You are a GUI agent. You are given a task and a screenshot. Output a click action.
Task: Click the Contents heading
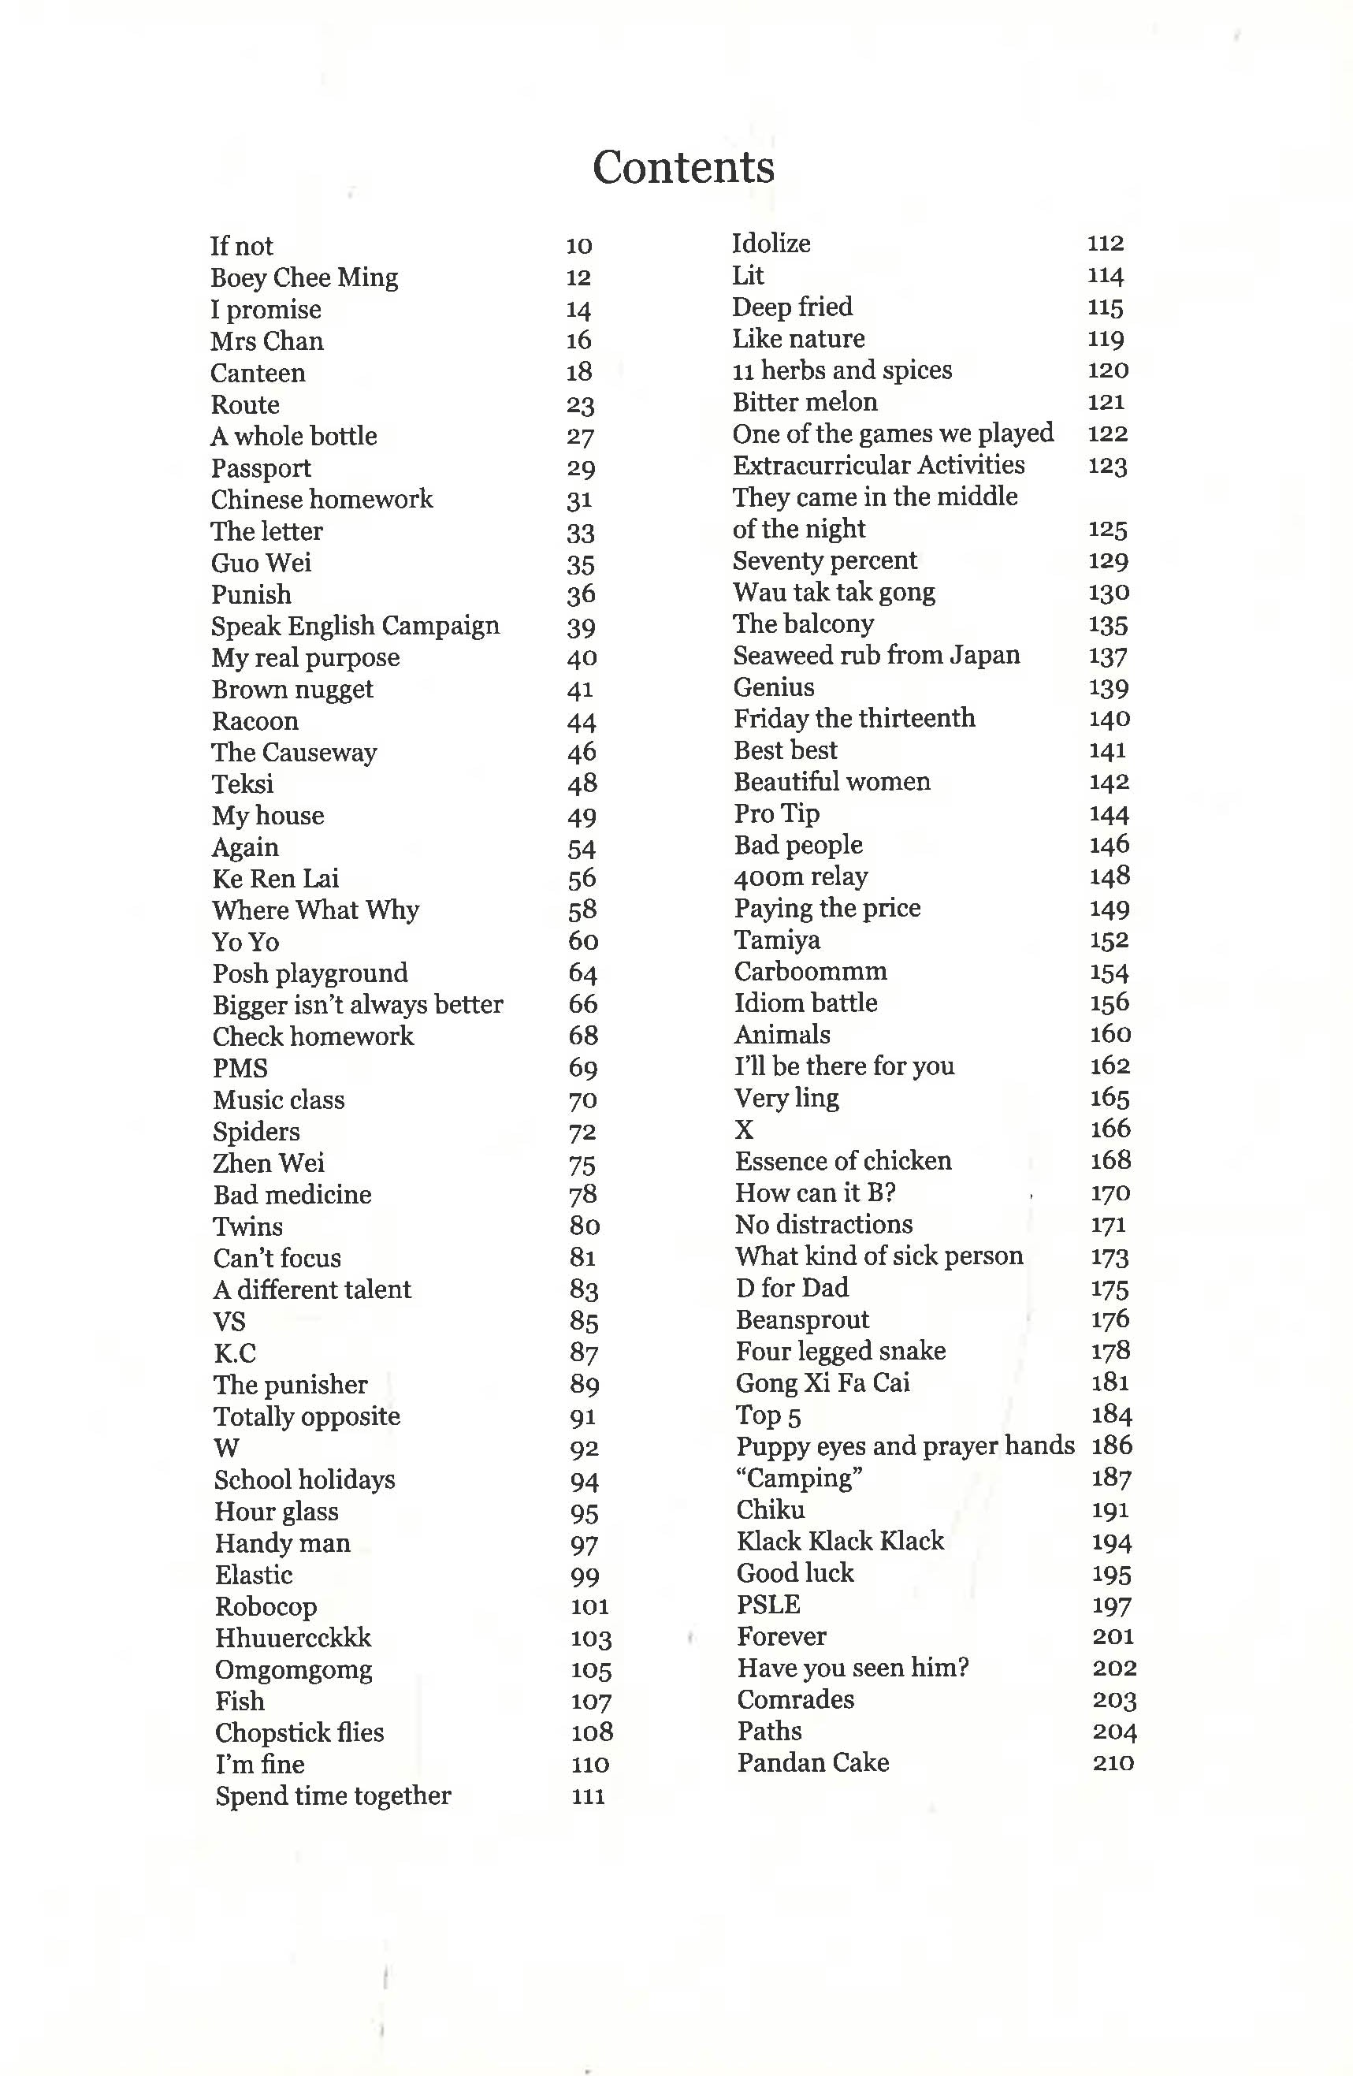(683, 166)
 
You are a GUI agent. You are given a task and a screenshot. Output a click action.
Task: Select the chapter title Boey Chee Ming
(303, 277)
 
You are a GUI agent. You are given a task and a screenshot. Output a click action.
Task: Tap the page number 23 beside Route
(580, 405)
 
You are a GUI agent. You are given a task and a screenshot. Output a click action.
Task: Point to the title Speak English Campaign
(355, 627)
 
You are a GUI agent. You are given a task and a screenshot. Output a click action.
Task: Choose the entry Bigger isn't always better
(358, 1005)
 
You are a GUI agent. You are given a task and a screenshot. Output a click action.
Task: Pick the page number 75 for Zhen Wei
(582, 1164)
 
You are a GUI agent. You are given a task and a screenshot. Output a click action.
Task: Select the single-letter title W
(227, 1448)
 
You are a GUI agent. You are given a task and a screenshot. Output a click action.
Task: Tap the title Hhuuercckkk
(293, 1638)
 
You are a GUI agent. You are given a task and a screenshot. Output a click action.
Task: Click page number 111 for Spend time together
(588, 1795)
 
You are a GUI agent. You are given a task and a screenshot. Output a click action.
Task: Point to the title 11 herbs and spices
(842, 370)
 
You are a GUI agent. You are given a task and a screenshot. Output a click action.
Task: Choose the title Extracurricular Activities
(879, 465)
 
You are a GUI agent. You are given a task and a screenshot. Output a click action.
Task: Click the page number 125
(1108, 530)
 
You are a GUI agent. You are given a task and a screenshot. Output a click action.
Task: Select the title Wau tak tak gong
(834, 592)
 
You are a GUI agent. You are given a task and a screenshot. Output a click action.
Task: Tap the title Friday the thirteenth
(854, 719)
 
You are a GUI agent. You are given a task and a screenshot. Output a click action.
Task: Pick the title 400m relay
(801, 876)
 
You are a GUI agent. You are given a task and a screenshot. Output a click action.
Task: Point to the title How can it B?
(816, 1193)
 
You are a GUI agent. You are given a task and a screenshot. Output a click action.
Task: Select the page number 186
(1111, 1446)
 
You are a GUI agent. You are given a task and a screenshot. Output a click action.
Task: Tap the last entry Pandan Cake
(813, 1763)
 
